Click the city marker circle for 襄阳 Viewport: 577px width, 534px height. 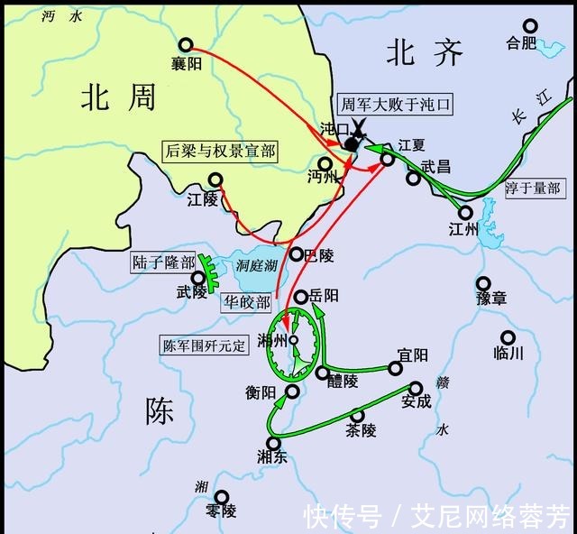(x=186, y=44)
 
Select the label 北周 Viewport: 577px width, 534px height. (x=118, y=97)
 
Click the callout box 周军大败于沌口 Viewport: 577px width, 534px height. (x=394, y=105)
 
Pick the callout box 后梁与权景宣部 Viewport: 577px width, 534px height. (x=220, y=151)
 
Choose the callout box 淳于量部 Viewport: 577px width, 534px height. (x=533, y=189)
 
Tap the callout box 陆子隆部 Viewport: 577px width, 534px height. (x=163, y=262)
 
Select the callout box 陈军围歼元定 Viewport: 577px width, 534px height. (x=204, y=345)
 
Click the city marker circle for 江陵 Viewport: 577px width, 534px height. (x=216, y=180)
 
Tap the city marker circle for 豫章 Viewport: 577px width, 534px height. (x=483, y=283)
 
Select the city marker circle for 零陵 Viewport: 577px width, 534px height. (x=221, y=496)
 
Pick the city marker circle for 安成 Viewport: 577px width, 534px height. (x=416, y=387)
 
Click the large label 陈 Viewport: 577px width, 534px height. (x=160, y=411)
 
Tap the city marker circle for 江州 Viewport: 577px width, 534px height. (x=465, y=213)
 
